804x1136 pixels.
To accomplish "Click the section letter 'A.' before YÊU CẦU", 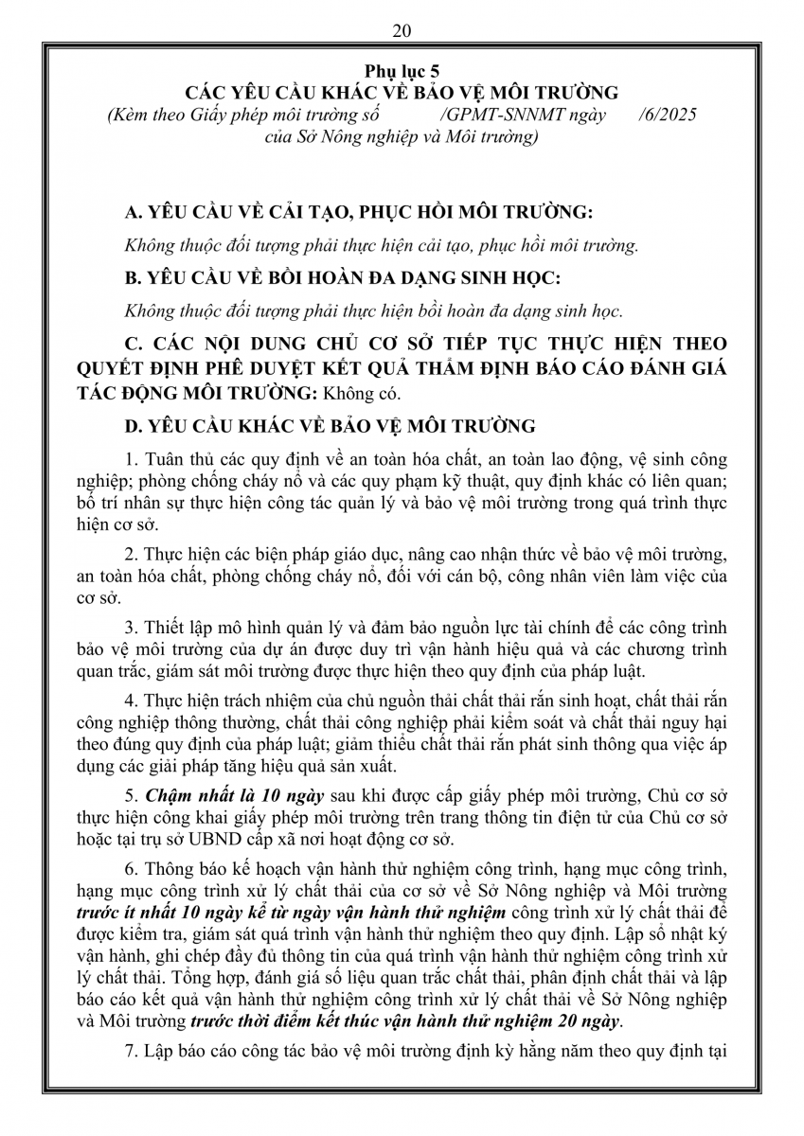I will point(134,212).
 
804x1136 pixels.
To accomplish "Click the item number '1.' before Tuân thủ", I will point(132,460).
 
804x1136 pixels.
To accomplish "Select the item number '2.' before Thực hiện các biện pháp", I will point(132,553).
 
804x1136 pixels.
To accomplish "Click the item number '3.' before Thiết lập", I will point(132,628).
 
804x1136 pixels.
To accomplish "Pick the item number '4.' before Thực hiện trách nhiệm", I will point(132,701).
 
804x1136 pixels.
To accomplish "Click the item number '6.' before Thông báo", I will point(132,870).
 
